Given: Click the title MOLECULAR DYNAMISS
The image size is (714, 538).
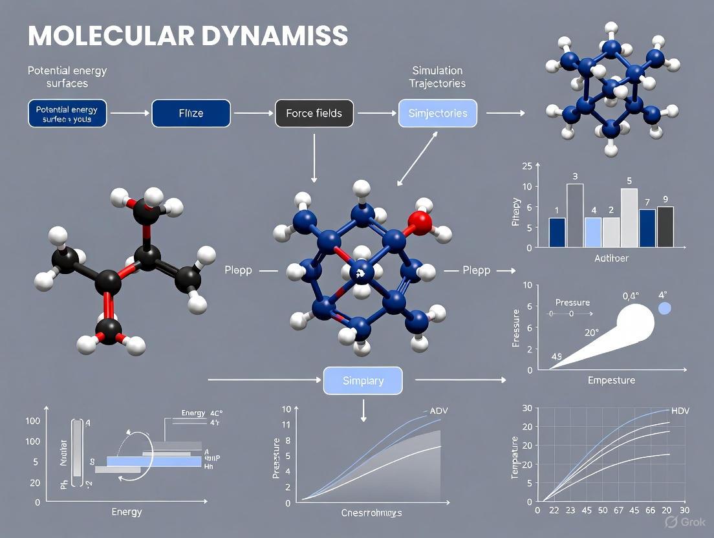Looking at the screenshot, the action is pyautogui.click(x=188, y=36).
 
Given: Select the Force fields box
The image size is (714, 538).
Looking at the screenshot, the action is pyautogui.click(x=314, y=113).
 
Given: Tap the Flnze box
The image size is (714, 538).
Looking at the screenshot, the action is pyautogui.click(x=191, y=113).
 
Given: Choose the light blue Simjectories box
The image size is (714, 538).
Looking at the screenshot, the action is pyautogui.click(x=438, y=113).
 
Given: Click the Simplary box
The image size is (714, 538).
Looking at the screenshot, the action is pyautogui.click(x=363, y=381).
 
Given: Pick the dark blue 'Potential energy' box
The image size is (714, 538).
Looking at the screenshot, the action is pyautogui.click(x=67, y=114).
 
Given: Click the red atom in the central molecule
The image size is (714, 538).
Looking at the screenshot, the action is pyautogui.click(x=419, y=222).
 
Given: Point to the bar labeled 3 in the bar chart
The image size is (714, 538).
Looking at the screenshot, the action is pyautogui.click(x=575, y=215).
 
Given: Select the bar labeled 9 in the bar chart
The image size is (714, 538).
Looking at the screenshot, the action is pyautogui.click(x=665, y=226).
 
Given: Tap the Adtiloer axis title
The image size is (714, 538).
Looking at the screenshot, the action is pyautogui.click(x=611, y=259).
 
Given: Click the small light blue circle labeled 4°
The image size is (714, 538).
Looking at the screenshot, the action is pyautogui.click(x=664, y=308).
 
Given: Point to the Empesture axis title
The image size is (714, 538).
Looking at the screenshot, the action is pyautogui.click(x=611, y=380).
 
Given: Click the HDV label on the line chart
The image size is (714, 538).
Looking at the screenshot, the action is pyautogui.click(x=680, y=411).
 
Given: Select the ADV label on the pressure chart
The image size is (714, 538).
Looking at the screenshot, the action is pyautogui.click(x=438, y=411).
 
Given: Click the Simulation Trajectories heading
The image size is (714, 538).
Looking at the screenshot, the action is pyautogui.click(x=437, y=77).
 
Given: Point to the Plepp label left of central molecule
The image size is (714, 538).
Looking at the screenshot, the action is pyautogui.click(x=238, y=270).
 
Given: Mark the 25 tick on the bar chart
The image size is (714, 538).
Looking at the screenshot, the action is pyautogui.click(x=527, y=166).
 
